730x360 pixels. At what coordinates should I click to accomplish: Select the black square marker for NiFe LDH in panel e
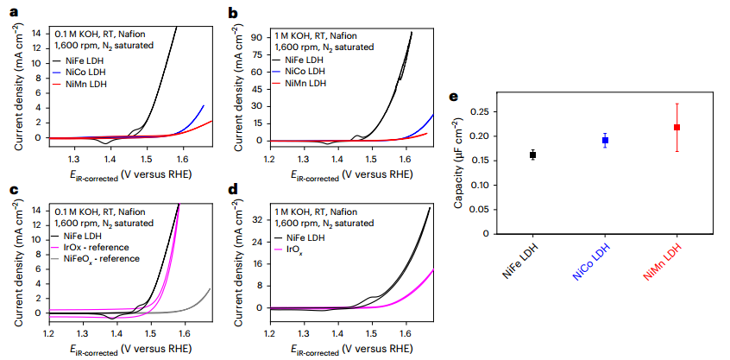tap(533, 155)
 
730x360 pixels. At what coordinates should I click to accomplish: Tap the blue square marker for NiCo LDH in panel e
tap(605, 140)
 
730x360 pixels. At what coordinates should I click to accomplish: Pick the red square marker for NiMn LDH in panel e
tap(677, 127)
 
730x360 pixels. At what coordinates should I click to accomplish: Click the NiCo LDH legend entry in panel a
tap(85, 73)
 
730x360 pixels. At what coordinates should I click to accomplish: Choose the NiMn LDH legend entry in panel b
tap(305, 84)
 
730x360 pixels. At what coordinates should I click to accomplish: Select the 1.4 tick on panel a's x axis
tap(110, 159)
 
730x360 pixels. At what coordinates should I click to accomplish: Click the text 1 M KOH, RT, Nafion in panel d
tap(318, 212)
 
